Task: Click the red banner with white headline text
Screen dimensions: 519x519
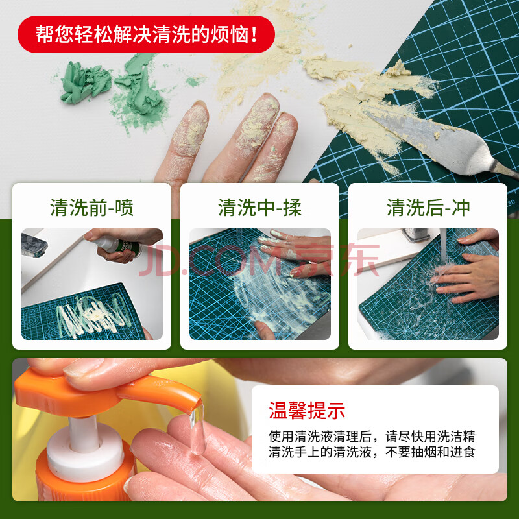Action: click(146, 34)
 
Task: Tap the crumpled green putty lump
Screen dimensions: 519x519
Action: click(86, 84)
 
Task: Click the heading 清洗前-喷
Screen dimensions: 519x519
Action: click(91, 208)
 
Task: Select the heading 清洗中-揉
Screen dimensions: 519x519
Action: click(260, 208)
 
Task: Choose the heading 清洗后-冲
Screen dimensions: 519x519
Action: click(428, 208)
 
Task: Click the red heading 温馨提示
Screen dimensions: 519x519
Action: click(307, 411)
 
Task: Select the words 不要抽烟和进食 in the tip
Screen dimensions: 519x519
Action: click(430, 452)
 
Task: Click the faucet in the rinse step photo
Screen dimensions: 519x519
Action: click(416, 235)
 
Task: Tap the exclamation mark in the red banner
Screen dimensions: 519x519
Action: click(254, 34)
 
